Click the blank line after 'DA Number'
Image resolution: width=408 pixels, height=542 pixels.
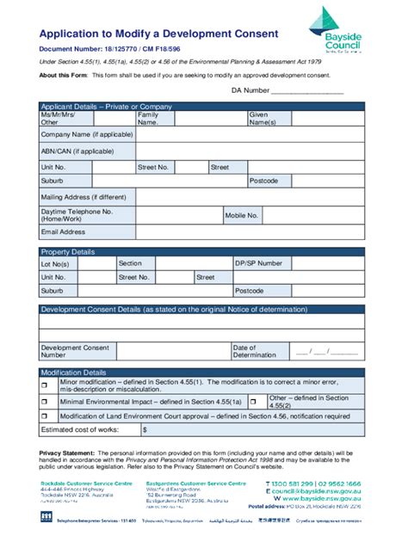(x=307, y=89)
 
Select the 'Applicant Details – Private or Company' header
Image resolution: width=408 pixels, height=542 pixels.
(x=107, y=107)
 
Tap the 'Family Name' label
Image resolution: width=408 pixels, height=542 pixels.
(x=148, y=119)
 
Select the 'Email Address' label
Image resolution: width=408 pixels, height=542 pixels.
(x=64, y=231)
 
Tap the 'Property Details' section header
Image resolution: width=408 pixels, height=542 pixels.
(x=69, y=251)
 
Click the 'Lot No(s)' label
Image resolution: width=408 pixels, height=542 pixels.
(x=54, y=263)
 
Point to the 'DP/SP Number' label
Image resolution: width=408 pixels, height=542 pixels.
(x=259, y=263)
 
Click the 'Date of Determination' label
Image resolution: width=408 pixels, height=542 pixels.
(x=254, y=350)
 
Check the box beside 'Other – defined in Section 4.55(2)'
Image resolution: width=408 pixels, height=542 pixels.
(x=253, y=401)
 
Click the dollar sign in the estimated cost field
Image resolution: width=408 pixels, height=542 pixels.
(x=145, y=429)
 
